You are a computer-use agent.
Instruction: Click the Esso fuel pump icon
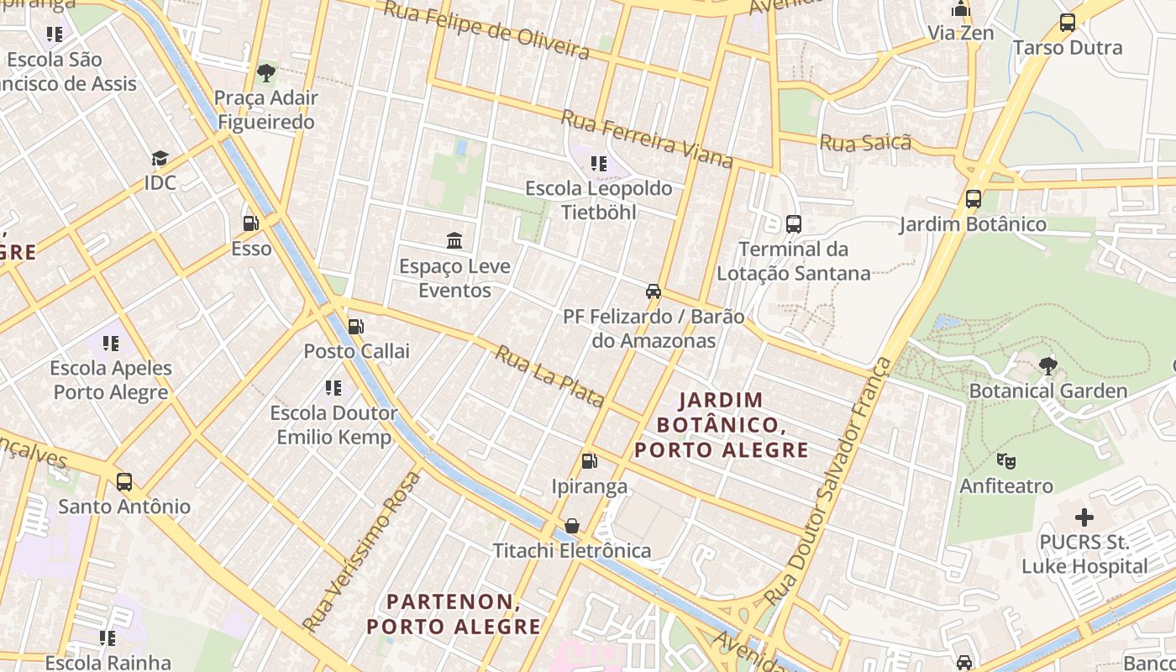pos(250,223)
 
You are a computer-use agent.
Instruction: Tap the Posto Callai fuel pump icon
pos(356,326)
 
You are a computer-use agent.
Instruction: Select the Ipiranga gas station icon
pos(590,461)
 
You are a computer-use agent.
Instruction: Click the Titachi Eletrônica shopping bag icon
pos(572,526)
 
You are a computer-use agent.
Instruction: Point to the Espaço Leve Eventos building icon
pos(454,241)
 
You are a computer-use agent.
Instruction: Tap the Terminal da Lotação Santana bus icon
pos(794,224)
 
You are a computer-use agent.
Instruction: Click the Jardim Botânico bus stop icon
pos(974,199)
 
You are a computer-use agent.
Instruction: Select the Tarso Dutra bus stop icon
pos(1068,23)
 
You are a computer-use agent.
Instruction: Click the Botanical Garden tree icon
pos(1047,365)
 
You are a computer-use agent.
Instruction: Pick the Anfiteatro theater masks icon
pos(1005,460)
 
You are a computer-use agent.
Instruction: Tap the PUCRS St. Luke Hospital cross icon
pos(1084,517)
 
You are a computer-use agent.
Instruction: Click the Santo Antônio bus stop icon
pos(124,482)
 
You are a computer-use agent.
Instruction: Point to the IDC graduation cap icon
pos(160,158)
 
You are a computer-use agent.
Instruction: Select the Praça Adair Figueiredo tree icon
pos(266,73)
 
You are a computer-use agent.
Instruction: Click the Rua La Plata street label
pos(549,376)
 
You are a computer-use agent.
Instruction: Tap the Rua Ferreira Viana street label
pos(647,139)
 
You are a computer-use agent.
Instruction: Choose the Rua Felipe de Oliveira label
pos(486,29)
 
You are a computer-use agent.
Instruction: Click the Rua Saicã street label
pos(865,143)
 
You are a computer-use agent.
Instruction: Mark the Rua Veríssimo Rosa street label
pos(363,551)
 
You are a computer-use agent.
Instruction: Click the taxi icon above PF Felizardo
pos(653,291)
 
